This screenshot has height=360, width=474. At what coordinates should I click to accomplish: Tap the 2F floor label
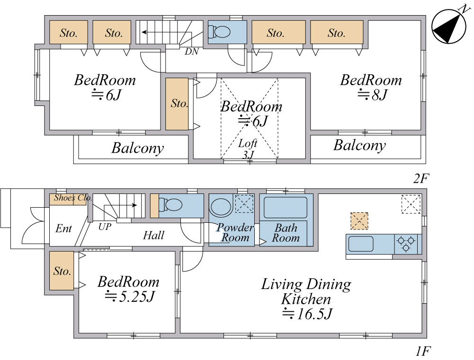click(x=421, y=178)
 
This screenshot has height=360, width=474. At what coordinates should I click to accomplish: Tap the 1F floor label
click(x=422, y=351)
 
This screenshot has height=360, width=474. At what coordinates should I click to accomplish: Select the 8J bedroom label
click(x=371, y=88)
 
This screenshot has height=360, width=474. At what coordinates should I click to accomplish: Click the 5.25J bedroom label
click(x=128, y=289)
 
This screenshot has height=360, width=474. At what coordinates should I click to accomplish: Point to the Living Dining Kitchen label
click(x=306, y=299)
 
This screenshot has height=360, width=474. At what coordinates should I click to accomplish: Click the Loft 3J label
click(x=248, y=149)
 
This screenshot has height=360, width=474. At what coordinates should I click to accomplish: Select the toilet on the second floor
click(x=219, y=31)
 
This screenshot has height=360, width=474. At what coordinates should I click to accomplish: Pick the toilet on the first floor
click(x=170, y=205)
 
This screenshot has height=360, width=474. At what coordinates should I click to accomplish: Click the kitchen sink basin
click(x=361, y=244)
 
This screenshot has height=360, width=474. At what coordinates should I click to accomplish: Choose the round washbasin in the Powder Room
click(x=221, y=207)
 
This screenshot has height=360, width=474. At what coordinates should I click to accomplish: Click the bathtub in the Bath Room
click(x=286, y=208)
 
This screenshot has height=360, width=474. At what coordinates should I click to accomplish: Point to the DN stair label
click(x=192, y=52)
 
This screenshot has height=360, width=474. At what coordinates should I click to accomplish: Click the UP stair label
click(x=105, y=227)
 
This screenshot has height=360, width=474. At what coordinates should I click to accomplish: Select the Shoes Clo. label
click(x=73, y=198)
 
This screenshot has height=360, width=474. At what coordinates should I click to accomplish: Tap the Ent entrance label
click(x=63, y=228)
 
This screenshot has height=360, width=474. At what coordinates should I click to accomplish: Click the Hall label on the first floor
click(x=153, y=235)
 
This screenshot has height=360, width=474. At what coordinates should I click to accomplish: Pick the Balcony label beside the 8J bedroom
click(x=360, y=145)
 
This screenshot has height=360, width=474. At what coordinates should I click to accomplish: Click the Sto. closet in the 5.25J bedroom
click(x=62, y=271)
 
